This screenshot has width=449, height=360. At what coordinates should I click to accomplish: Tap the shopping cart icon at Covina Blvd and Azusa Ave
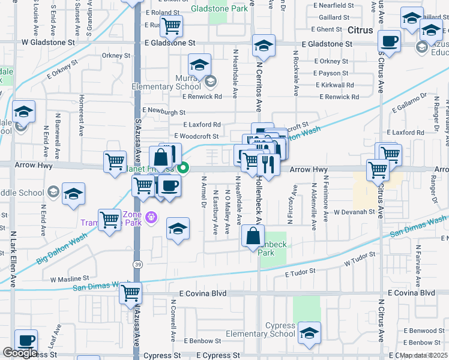pos(130,294)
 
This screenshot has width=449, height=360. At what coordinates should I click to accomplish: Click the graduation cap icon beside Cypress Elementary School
pos(309,332)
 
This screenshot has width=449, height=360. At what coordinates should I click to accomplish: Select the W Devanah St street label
pos(354,212)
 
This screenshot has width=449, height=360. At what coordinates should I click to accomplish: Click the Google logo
pos(19,353)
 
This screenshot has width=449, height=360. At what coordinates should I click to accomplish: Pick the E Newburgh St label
pos(164,112)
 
